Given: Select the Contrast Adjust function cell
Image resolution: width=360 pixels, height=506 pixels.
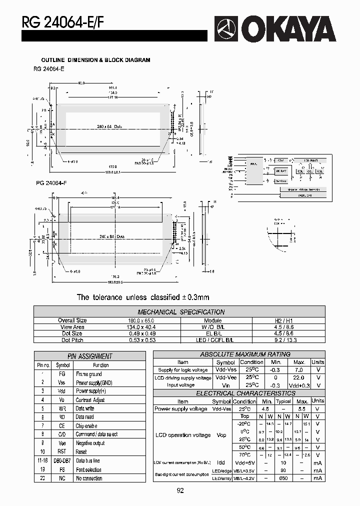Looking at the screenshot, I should click(90, 400).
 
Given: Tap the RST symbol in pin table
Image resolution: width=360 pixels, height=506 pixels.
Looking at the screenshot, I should click(62, 452).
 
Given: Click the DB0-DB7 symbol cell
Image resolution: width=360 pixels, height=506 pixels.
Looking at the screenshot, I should click(62, 460).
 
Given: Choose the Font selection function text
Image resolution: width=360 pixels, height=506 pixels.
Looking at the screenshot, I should click(88, 469).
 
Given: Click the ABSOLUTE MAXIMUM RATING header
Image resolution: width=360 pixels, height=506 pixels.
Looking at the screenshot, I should click(238, 354).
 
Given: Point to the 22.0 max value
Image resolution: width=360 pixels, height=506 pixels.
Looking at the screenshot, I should click(299, 378).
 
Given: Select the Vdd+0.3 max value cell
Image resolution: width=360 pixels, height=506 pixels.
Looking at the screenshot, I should click(299, 385).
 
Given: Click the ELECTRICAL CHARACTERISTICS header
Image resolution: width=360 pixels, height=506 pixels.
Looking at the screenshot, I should click(238, 393).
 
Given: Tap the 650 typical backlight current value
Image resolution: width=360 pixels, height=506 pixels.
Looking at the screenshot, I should click(283, 478).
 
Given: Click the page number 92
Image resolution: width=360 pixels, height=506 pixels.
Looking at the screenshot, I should click(180, 491).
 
